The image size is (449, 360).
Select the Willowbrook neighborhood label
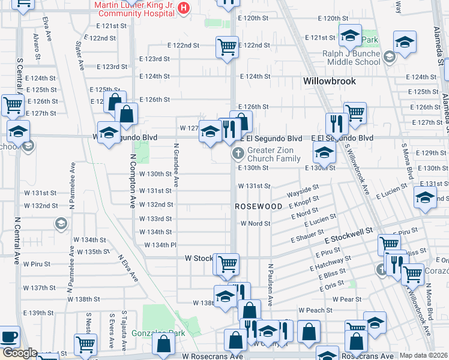[x=329, y=81]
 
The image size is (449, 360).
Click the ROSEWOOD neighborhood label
[x=258, y=206]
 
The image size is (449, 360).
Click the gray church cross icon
[x=238, y=154]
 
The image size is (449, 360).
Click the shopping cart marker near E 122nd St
[x=227, y=46]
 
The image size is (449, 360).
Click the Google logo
[x=19, y=353]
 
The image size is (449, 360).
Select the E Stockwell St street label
[x=349, y=235]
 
